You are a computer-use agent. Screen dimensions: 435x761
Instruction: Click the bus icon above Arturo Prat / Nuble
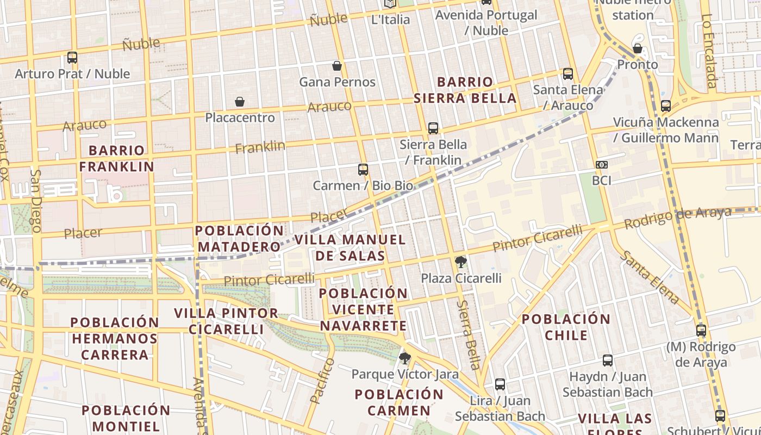click(x=72, y=57)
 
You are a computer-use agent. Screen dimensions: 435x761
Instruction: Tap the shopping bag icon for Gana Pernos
click(x=337, y=66)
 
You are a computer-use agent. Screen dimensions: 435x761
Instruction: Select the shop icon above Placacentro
click(x=239, y=102)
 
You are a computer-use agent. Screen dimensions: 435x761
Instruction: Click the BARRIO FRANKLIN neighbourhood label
click(x=117, y=158)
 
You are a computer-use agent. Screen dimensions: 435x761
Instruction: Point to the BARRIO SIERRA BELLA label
click(x=465, y=90)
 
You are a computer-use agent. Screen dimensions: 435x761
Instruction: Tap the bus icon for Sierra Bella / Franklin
click(x=433, y=128)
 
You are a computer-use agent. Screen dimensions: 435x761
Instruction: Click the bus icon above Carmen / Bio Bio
click(x=363, y=170)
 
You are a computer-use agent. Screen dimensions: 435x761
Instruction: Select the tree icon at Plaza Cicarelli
click(x=460, y=263)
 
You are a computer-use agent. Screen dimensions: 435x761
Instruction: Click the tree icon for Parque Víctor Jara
click(x=404, y=358)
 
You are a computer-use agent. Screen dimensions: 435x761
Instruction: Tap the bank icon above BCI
click(x=601, y=165)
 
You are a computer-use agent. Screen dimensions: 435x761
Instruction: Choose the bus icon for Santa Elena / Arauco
click(x=568, y=73)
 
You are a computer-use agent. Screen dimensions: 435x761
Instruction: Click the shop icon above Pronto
click(x=638, y=49)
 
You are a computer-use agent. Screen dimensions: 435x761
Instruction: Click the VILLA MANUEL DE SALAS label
click(x=350, y=247)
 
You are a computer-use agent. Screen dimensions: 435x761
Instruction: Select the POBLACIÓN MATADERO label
click(x=239, y=239)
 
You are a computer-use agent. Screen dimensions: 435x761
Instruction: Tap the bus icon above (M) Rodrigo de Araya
click(x=701, y=330)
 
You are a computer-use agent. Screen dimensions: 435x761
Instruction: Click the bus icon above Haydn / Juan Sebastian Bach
click(x=608, y=361)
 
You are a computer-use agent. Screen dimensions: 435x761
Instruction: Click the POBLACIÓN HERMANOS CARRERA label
click(x=115, y=338)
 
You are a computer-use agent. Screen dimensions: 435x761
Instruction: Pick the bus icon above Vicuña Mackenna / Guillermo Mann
click(x=666, y=106)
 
